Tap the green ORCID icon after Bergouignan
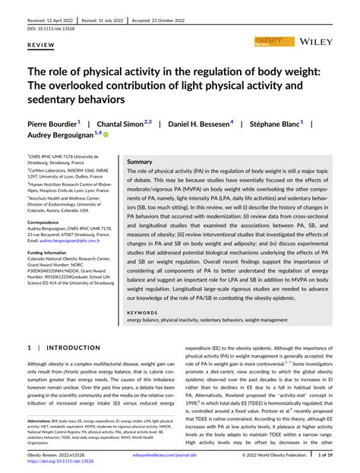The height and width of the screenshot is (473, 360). pyautogui.click(x=106, y=134)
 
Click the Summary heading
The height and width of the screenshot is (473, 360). pyautogui.click(x=140, y=162)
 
